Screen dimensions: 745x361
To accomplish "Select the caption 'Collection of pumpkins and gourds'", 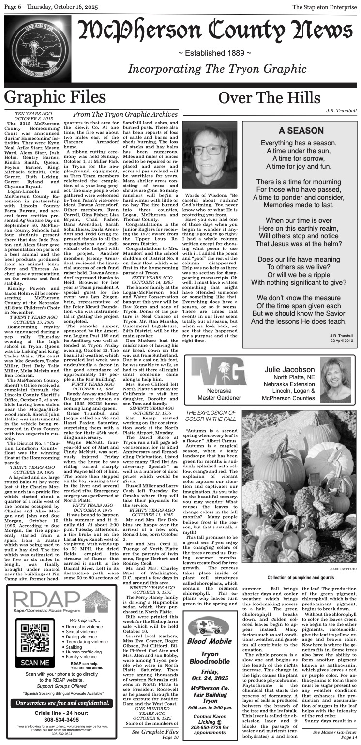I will (300, 577).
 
